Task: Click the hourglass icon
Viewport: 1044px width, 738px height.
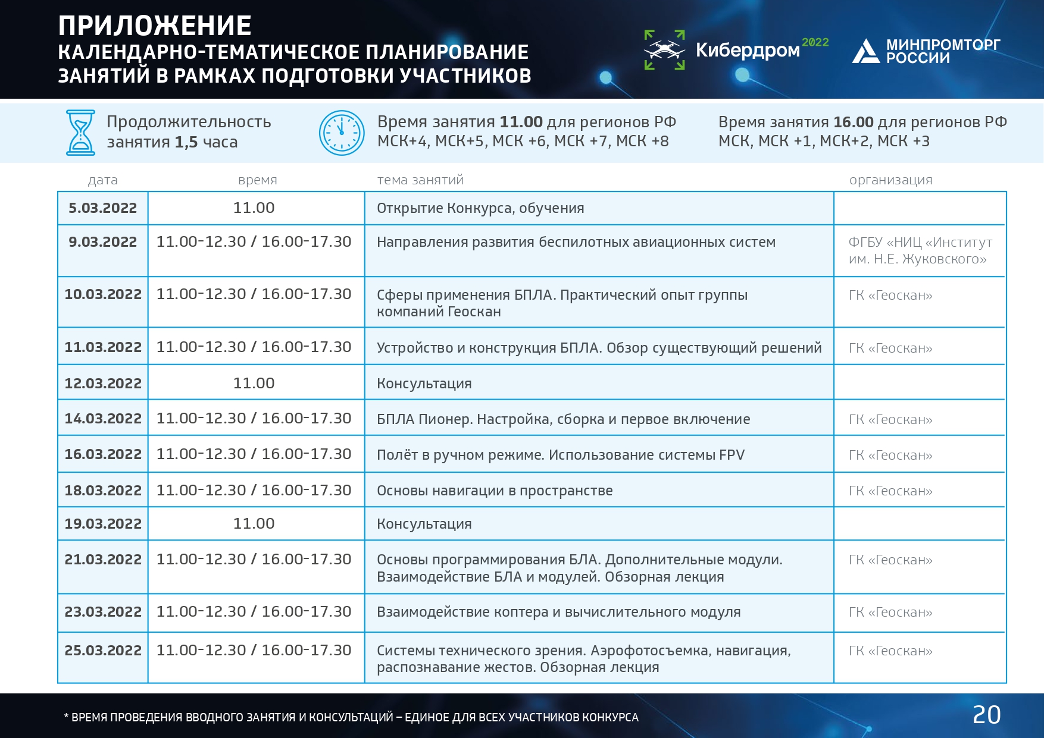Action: pyautogui.click(x=80, y=133)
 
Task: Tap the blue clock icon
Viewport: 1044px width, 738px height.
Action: pyautogui.click(x=342, y=133)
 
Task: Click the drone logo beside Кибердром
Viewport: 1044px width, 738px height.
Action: pyautogui.click(x=664, y=50)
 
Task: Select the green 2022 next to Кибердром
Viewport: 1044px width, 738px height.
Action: pyautogui.click(x=815, y=42)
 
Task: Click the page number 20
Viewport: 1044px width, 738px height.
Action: pyautogui.click(x=986, y=715)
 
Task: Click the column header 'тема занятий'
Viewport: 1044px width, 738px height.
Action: pyautogui.click(x=420, y=180)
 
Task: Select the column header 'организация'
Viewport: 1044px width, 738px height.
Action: pyautogui.click(x=890, y=180)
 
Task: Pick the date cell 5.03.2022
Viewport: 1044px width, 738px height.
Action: pyautogui.click(x=102, y=208)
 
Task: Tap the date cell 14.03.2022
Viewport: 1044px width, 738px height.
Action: pyautogui.click(x=103, y=419)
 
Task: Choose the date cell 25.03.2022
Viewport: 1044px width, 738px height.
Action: pyautogui.click(x=103, y=651)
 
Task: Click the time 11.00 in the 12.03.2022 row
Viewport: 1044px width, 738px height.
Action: pyautogui.click(x=254, y=383)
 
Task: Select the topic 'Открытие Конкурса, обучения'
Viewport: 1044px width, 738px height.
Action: pyautogui.click(x=480, y=209)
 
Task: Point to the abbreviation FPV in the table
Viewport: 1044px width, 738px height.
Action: pyautogui.click(x=732, y=455)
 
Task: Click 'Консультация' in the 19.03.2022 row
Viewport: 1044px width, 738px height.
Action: pyautogui.click(x=424, y=524)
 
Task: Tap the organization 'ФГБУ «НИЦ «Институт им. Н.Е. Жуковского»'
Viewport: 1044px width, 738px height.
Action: pyautogui.click(x=920, y=250)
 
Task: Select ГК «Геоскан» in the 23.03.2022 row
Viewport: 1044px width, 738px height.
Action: pyautogui.click(x=890, y=613)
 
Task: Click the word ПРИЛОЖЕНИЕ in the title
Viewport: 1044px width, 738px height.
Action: pyautogui.click(x=155, y=26)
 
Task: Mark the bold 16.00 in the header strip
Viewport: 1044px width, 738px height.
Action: pyautogui.click(x=854, y=122)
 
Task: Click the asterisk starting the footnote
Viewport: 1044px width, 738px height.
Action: pyautogui.click(x=66, y=715)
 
